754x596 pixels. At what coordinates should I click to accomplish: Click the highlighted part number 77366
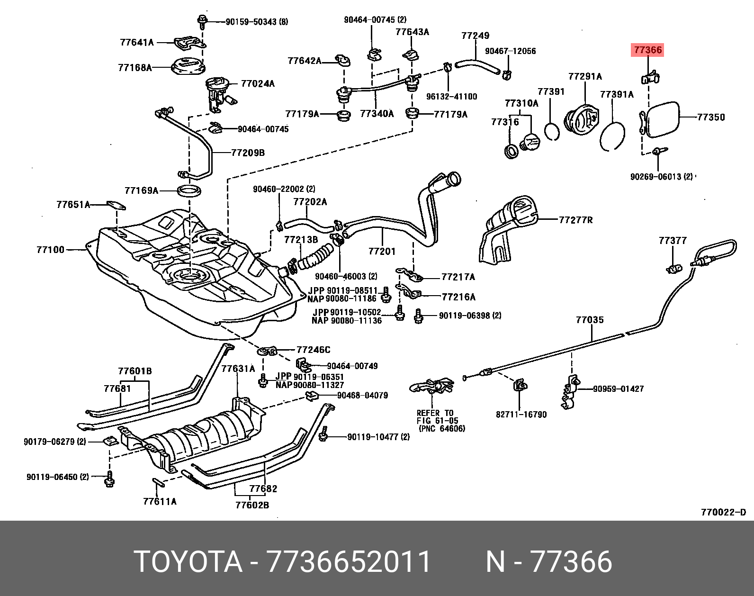647,50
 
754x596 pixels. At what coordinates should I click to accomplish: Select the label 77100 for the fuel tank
50,249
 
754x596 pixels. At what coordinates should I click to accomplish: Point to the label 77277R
575,220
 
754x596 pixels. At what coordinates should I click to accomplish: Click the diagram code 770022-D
723,512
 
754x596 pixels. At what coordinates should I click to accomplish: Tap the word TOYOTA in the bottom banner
188,562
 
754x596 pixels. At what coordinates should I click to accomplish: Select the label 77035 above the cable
590,320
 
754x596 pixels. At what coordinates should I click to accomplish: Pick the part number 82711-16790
521,415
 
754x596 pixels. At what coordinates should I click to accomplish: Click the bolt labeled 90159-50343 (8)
202,20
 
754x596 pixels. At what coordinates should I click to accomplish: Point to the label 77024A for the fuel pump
258,84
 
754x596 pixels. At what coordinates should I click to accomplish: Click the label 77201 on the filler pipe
382,251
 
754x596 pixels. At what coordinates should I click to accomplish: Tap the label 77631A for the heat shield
238,368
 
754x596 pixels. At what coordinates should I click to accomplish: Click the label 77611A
160,501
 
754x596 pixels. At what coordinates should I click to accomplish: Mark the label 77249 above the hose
476,36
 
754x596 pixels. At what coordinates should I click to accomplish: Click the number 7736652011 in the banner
349,562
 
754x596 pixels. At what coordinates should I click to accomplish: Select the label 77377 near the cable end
673,241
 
